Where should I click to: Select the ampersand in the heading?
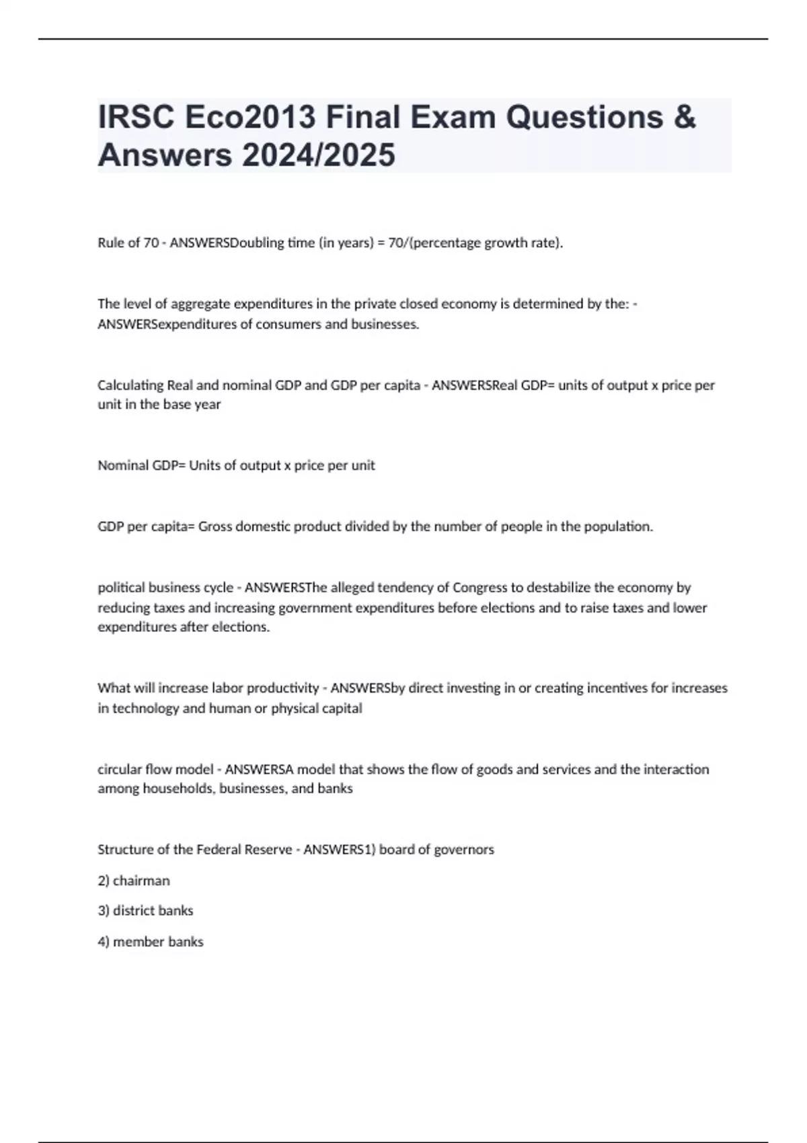pyautogui.click(x=683, y=118)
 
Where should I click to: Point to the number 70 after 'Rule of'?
pyautogui.click(x=151, y=243)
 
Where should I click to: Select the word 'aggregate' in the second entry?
pyautogui.click(x=200, y=304)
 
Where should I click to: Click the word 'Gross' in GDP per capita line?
pyautogui.click(x=215, y=526)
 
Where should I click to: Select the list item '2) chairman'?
pyautogui.click(x=134, y=881)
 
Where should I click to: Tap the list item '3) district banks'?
pyautogui.click(x=145, y=911)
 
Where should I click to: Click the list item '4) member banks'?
pyautogui.click(x=151, y=942)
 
